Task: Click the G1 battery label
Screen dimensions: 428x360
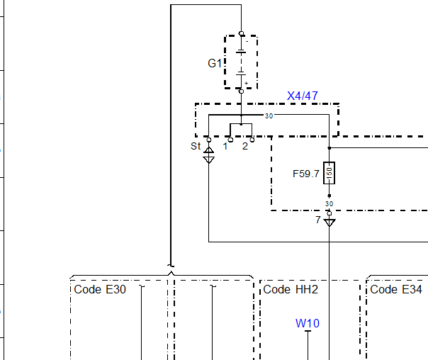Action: [215, 63]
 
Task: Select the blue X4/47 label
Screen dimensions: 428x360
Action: [303, 96]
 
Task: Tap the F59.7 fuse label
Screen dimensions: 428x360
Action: [305, 174]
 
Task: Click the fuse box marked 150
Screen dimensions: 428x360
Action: [330, 173]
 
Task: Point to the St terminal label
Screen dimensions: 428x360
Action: [196, 146]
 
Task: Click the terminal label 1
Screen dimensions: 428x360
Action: [225, 146]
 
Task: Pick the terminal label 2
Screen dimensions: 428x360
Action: [245, 146]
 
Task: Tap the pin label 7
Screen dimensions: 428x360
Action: [318, 220]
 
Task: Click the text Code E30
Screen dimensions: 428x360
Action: [100, 290]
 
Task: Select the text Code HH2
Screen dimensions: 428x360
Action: [291, 290]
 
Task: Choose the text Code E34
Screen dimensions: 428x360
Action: [396, 290]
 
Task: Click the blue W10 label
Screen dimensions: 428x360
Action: [308, 323]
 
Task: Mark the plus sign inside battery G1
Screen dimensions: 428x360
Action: [246, 83]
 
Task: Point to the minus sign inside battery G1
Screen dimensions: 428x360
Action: [247, 42]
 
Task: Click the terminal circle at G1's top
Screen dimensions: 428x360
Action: [242, 33]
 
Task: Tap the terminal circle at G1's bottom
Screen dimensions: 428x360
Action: [242, 91]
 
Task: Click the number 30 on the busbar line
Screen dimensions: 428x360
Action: [269, 116]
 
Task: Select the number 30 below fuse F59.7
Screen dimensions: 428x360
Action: [330, 204]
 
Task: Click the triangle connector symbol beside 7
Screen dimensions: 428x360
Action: [330, 223]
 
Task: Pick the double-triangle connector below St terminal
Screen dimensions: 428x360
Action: [209, 155]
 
